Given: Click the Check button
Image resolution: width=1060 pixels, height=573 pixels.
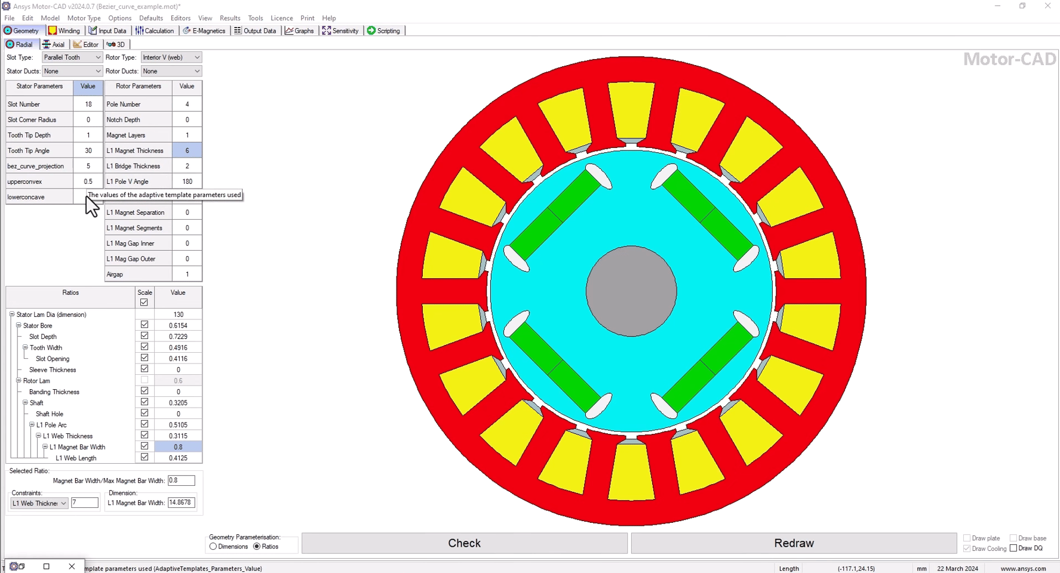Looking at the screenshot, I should coord(464,543).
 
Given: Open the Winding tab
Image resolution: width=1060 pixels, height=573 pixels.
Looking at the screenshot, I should coord(64,30).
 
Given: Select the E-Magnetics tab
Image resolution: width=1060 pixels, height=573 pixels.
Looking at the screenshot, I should coord(204,30).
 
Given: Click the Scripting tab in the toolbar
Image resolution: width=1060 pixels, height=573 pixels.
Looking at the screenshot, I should coord(383,30).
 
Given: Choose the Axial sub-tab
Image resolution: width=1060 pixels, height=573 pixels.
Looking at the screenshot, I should coord(54,44).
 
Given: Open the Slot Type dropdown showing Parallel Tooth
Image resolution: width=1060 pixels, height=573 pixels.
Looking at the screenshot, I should coord(72,57).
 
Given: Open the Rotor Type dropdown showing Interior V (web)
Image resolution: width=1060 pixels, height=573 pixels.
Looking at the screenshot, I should coord(171,57).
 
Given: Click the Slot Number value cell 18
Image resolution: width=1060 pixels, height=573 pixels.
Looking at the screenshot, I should coord(88,104).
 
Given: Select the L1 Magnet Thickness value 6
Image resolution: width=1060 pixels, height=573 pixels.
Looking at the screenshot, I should coord(187,150).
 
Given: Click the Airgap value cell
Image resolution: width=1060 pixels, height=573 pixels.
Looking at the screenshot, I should coord(187,275).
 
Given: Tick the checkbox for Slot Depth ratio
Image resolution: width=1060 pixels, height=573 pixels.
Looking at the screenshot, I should coord(145,336).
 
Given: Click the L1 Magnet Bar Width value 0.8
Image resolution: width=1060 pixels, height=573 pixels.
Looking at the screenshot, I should coord(178,447).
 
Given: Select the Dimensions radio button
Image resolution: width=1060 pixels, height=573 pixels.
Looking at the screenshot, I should coord(213,547).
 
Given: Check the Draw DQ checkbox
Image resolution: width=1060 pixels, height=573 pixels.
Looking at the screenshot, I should coord(1013,548).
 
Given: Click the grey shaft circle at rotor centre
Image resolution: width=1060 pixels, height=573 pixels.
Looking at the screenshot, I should coord(631,291).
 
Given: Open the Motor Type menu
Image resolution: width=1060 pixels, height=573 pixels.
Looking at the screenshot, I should coord(84,18).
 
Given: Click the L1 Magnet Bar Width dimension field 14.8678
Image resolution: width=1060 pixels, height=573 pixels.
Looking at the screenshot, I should coord(181,503).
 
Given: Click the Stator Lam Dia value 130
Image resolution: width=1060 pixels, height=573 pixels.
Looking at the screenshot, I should coord(178,315).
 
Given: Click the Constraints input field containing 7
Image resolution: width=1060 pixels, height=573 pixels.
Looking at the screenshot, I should coord(84,503).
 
